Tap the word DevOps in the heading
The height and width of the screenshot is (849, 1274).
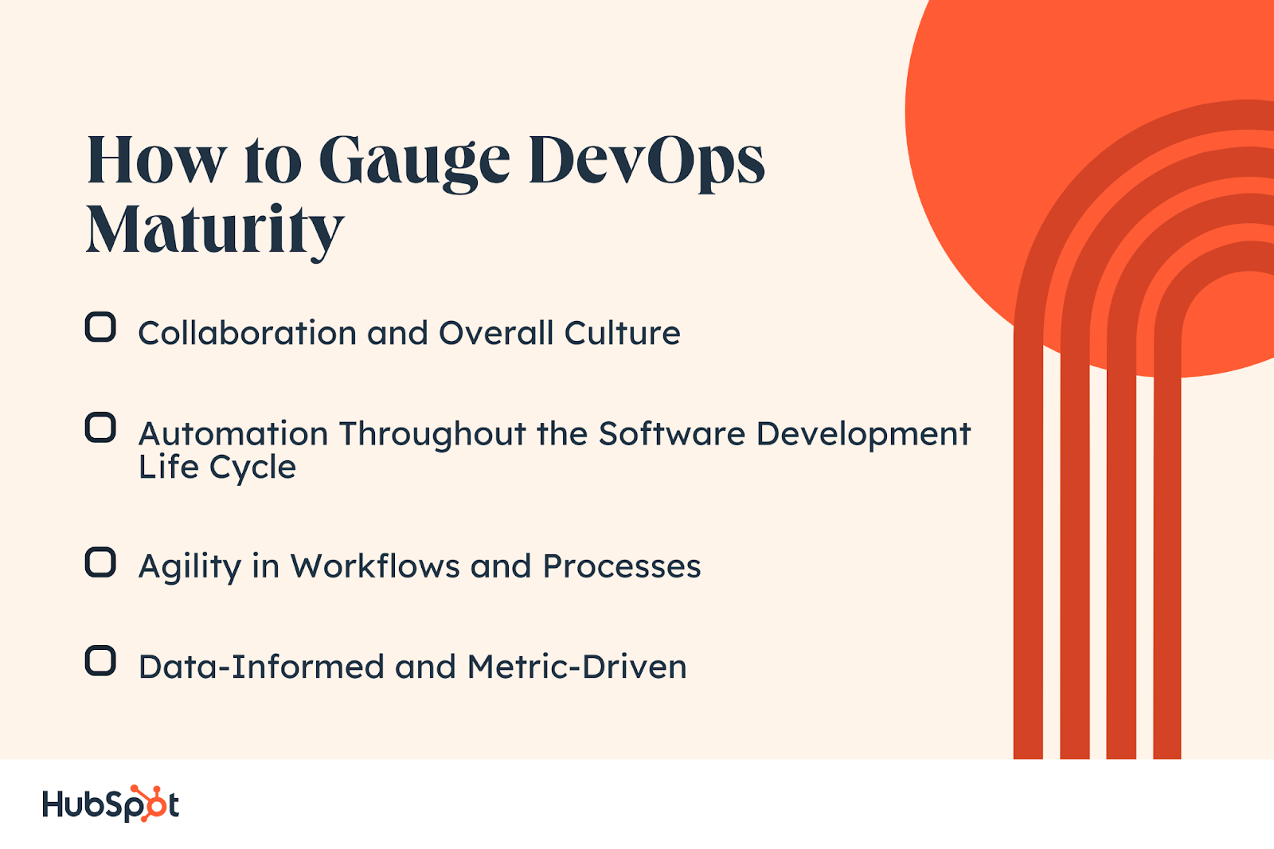(x=646, y=162)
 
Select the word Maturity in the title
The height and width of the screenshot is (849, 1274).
(x=215, y=230)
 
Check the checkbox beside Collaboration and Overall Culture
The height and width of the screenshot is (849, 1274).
(x=100, y=327)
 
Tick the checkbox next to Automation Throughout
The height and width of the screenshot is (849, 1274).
(x=100, y=428)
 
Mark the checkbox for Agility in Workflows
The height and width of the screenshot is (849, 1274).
(x=100, y=562)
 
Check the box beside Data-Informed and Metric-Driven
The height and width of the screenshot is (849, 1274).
(x=100, y=661)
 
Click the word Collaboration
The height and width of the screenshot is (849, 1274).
(x=247, y=333)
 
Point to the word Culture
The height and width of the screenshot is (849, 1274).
(x=622, y=333)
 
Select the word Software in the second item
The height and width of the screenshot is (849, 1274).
(x=671, y=434)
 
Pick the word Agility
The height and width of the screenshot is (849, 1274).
(x=190, y=567)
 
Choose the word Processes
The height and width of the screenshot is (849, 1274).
(x=621, y=566)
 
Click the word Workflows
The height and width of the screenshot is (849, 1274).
(x=375, y=566)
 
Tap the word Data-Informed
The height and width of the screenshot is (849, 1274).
(x=261, y=667)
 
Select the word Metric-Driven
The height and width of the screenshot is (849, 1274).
(x=576, y=667)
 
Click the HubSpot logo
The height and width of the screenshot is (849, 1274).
(x=111, y=804)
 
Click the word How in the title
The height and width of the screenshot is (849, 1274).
(x=156, y=162)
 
